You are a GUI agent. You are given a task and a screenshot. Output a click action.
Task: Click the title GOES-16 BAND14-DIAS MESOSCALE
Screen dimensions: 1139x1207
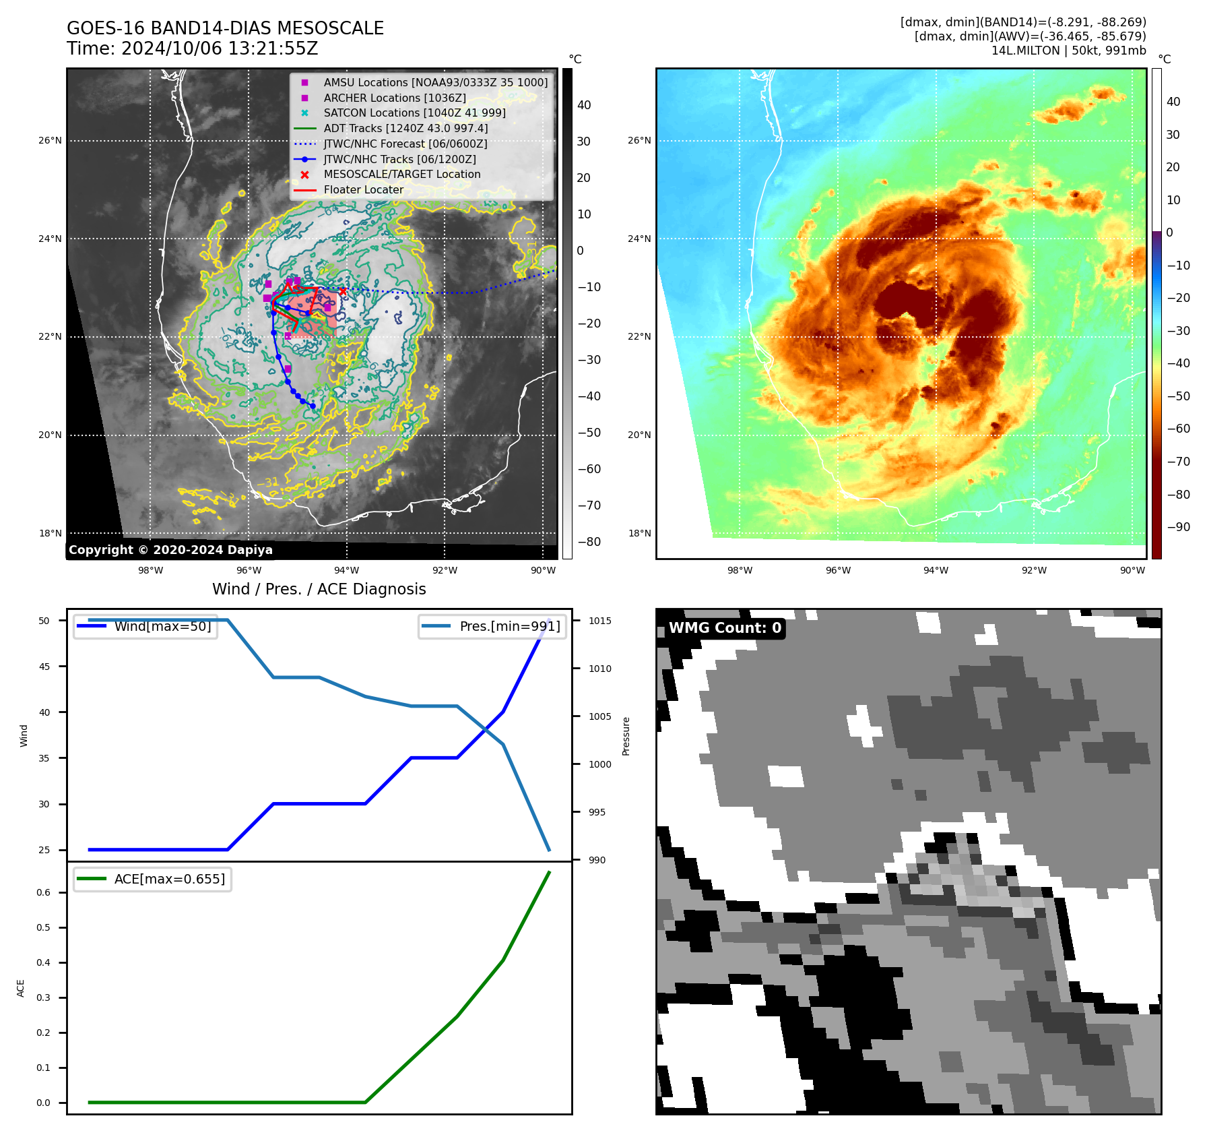pos(225,28)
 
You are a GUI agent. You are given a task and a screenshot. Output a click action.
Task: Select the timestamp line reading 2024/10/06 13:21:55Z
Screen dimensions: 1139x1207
pos(192,49)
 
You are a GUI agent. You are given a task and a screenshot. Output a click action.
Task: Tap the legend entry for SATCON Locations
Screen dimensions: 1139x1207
pos(414,113)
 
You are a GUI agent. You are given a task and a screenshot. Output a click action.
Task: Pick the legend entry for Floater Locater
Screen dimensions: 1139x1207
pos(363,190)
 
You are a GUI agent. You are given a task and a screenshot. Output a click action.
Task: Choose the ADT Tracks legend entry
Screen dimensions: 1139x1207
pos(405,129)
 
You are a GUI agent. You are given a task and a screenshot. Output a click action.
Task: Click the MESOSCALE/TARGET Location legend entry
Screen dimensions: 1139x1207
pos(402,175)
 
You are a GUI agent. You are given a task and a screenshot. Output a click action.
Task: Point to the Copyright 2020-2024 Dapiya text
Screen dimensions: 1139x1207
pos(170,550)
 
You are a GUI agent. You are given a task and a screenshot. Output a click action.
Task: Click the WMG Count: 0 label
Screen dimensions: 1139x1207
pos(725,628)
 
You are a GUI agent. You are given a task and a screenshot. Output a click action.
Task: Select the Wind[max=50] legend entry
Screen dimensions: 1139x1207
pos(162,626)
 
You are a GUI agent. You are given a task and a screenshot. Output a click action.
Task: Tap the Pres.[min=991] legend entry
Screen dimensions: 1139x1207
pos(509,626)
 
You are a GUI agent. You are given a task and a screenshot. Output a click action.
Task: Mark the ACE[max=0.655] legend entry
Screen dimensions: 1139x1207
pos(169,879)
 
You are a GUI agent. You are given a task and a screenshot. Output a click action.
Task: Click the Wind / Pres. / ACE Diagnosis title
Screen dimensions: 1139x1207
pos(319,589)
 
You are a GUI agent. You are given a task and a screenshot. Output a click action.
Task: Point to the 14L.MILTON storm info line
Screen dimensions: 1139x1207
pos(1068,51)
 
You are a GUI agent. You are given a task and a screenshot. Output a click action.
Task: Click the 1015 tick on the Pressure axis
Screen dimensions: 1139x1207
pos(599,621)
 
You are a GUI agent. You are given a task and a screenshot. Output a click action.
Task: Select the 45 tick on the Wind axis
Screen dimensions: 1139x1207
pos(44,667)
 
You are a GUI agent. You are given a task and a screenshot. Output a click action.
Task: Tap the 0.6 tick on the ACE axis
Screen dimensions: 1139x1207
pos(43,892)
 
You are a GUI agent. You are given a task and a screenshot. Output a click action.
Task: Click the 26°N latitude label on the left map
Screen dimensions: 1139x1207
pos(50,141)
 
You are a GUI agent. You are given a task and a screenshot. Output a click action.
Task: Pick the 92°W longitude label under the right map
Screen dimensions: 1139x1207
pos(1034,570)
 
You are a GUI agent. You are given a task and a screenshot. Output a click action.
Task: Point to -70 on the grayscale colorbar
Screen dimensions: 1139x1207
pos(589,505)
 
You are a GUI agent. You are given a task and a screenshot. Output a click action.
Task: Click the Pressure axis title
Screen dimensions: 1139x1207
pos(626,736)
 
